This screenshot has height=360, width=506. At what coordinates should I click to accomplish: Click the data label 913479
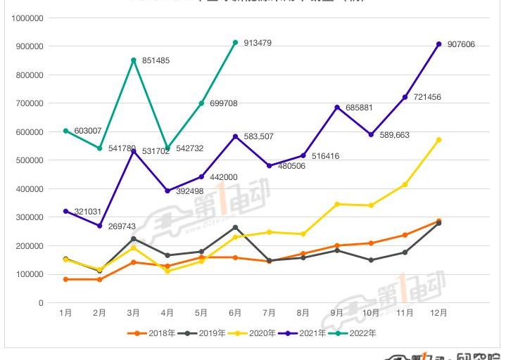[x=257, y=43]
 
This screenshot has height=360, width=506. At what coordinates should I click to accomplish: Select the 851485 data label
[x=158, y=60]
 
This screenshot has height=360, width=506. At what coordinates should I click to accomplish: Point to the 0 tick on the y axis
[x=42, y=303]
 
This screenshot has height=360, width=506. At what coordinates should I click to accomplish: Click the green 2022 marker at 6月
[x=235, y=42]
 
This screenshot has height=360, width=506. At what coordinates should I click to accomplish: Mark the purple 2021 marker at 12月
[x=438, y=44]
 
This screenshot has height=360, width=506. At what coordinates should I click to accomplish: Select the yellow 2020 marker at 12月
[x=438, y=140]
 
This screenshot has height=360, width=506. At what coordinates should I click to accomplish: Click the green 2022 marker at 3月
[x=133, y=60]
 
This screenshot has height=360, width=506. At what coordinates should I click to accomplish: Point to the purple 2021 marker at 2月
[x=99, y=226]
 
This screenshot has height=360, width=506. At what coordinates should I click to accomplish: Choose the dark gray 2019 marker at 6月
[x=235, y=227]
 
